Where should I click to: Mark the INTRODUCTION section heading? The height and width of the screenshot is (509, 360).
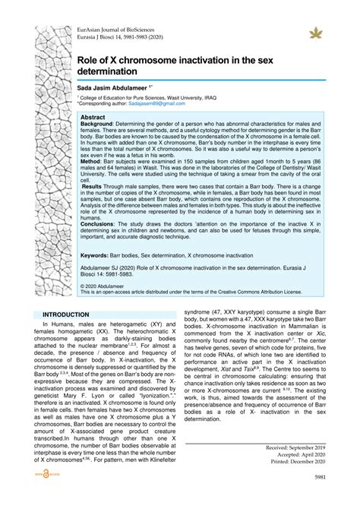coord(66,314)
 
